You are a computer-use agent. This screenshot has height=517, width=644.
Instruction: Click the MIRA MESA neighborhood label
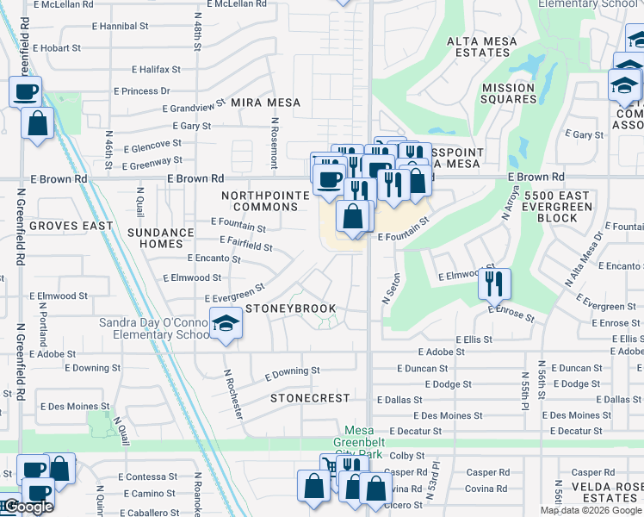pyautogui.click(x=265, y=103)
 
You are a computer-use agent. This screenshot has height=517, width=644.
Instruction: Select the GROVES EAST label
pyautogui.click(x=71, y=226)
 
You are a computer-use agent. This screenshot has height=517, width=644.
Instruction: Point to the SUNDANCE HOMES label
pyautogui.click(x=161, y=238)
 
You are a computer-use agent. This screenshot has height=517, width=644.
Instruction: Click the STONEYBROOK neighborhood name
pyautogui.click(x=290, y=308)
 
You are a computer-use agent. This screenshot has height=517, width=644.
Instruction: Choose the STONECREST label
pyautogui.click(x=310, y=399)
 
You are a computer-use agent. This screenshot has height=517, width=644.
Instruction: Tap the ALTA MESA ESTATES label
pyautogui.click(x=482, y=47)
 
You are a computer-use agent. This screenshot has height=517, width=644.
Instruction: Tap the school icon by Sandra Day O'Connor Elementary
pyautogui.click(x=226, y=323)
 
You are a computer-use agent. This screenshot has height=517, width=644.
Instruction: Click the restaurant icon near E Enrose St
pyautogui.click(x=494, y=283)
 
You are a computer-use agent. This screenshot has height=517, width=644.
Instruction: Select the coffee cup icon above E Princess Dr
pyautogui.click(x=26, y=91)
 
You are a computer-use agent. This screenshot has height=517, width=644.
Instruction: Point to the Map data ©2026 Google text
pyautogui.click(x=591, y=510)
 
